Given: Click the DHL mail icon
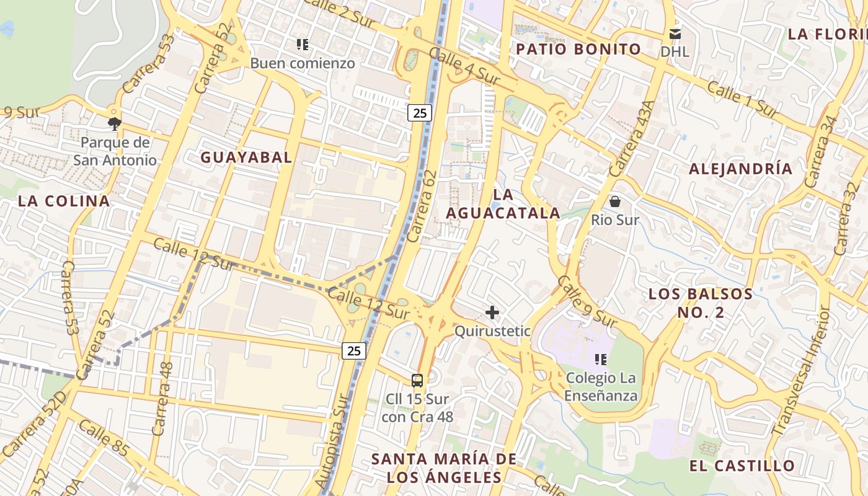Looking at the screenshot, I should tap(675, 34).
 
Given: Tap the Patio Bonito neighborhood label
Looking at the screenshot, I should tap(578, 49).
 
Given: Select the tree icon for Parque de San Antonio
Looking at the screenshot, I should tap(114, 123).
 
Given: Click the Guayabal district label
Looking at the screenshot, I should tap(246, 157).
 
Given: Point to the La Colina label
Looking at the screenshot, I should tap(64, 201).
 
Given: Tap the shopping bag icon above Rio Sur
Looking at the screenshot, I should tap(615, 201).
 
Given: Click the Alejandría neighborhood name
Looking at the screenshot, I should tap(740, 169).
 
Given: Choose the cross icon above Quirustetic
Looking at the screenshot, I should tap(492, 312).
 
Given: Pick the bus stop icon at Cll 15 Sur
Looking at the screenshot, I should tap(417, 381).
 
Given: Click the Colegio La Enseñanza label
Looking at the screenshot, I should tap(601, 387).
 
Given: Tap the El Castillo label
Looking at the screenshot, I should tap(742, 466).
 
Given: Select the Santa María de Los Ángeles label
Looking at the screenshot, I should tap(443, 468).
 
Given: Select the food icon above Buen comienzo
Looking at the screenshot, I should tap(303, 45).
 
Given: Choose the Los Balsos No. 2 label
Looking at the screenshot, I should tap(701, 303).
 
